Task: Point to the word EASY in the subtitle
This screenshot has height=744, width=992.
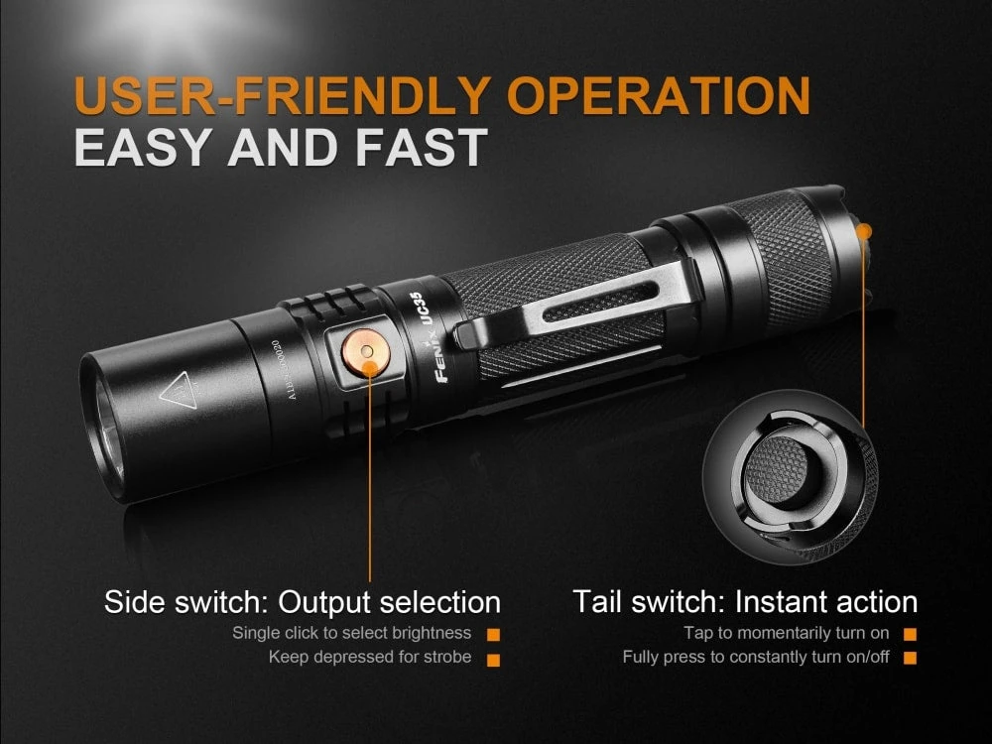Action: (x=143, y=147)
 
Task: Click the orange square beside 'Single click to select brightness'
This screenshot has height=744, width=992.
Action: (x=493, y=634)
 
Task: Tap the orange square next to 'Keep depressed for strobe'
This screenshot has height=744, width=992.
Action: (x=493, y=658)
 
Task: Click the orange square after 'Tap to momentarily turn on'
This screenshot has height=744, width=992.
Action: (x=910, y=634)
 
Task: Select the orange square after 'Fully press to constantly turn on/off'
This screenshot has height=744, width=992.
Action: (x=910, y=658)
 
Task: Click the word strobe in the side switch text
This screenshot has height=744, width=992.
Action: (x=447, y=657)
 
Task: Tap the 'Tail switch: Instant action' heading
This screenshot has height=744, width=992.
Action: (x=744, y=601)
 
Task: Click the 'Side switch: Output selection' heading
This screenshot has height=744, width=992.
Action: (x=303, y=601)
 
